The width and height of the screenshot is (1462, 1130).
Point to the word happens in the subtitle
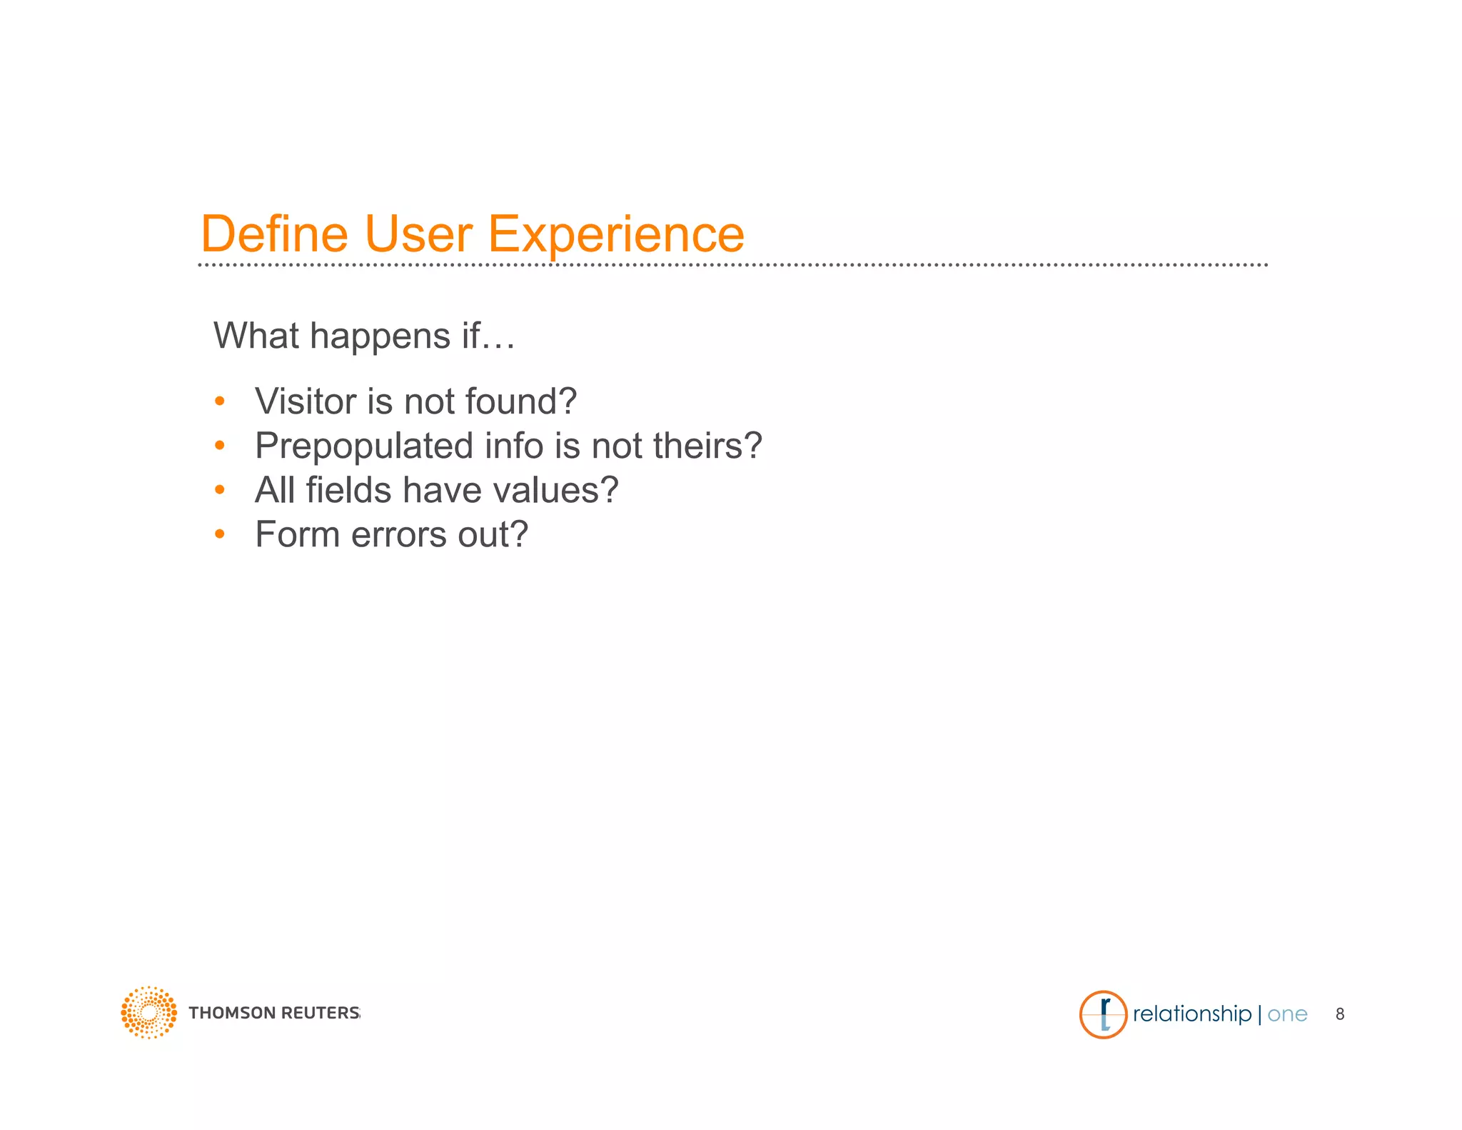click(x=380, y=336)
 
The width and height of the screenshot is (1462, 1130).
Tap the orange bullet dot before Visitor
click(x=220, y=401)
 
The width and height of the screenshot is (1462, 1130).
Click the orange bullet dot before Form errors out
click(x=220, y=534)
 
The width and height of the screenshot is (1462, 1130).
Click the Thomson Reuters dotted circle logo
click(x=148, y=1013)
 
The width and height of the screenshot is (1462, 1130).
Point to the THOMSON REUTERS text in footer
click(x=273, y=1013)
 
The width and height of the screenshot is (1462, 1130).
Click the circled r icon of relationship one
click(x=1103, y=1014)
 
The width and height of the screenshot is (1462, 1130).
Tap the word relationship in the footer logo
click(x=1191, y=1014)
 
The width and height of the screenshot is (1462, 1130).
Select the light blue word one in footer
click(x=1287, y=1014)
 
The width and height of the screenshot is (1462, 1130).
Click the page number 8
click(x=1340, y=1014)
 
